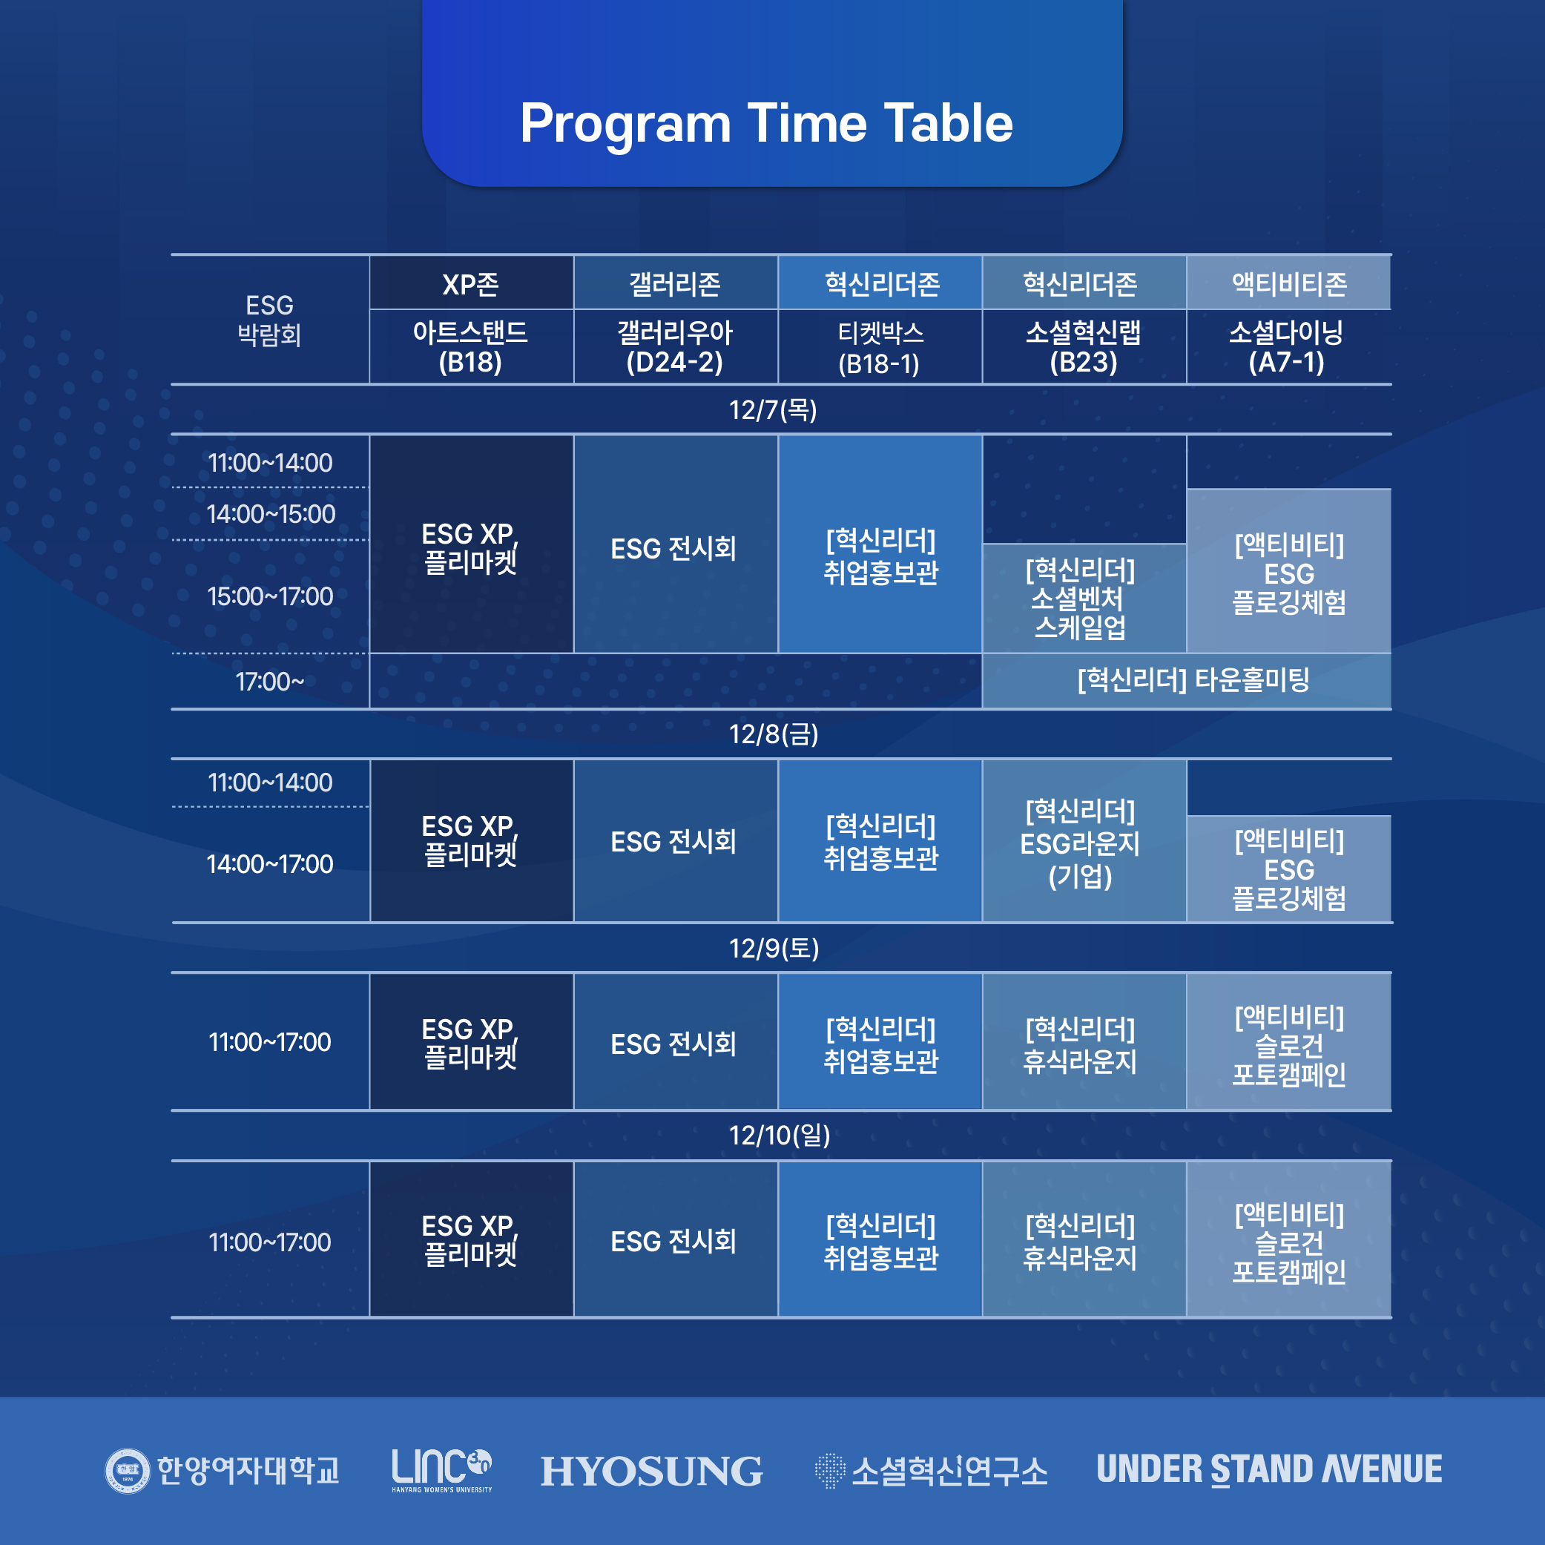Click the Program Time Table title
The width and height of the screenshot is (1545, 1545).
766,123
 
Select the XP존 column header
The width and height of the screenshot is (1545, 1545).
471,284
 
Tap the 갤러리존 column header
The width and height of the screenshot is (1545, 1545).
676,284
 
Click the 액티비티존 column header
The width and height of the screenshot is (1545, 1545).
1288,284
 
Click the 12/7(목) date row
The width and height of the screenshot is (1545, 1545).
773,410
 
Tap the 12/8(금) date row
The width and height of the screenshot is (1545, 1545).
774,734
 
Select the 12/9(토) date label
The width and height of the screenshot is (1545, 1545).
774,949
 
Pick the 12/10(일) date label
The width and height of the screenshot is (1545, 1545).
780,1136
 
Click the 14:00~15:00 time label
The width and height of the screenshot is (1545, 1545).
270,514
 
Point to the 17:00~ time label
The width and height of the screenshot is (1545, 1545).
270,682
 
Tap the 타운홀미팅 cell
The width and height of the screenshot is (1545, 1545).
1187,681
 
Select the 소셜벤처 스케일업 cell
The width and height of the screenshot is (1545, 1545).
1084,598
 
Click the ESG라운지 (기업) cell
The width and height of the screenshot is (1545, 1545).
1084,840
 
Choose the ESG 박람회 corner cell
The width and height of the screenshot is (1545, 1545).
269,320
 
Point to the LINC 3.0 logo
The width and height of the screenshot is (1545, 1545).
442,1470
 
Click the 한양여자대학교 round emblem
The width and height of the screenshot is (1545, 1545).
127,1471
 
